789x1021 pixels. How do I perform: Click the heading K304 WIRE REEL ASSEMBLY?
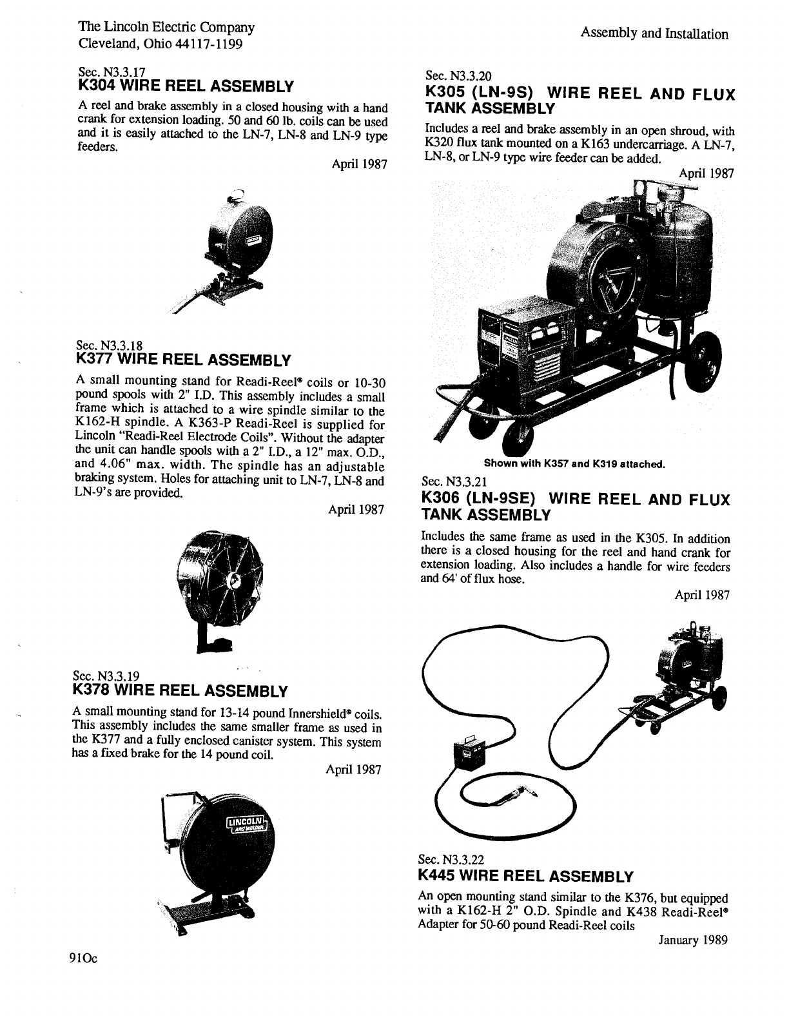(186, 86)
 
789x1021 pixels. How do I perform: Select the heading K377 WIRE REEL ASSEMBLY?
(184, 359)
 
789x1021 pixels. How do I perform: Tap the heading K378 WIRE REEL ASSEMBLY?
(181, 691)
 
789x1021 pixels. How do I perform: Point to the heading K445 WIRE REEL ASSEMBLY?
(526, 876)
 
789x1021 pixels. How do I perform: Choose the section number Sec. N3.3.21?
(458, 481)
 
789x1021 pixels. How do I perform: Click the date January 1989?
(692, 940)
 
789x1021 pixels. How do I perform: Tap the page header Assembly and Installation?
(654, 34)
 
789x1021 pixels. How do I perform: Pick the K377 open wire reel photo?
(223, 580)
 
